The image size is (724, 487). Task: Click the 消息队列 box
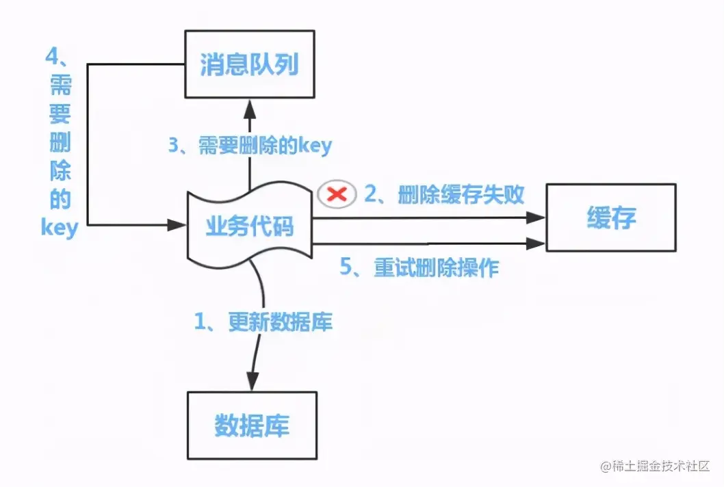[249, 66]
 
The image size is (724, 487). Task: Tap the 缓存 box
[611, 218]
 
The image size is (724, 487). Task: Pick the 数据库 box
[252, 425]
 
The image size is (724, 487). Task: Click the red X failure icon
[337, 195]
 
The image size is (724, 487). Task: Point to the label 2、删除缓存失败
[444, 195]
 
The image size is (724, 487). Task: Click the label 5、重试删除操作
[419, 267]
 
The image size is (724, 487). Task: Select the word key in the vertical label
[60, 226]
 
